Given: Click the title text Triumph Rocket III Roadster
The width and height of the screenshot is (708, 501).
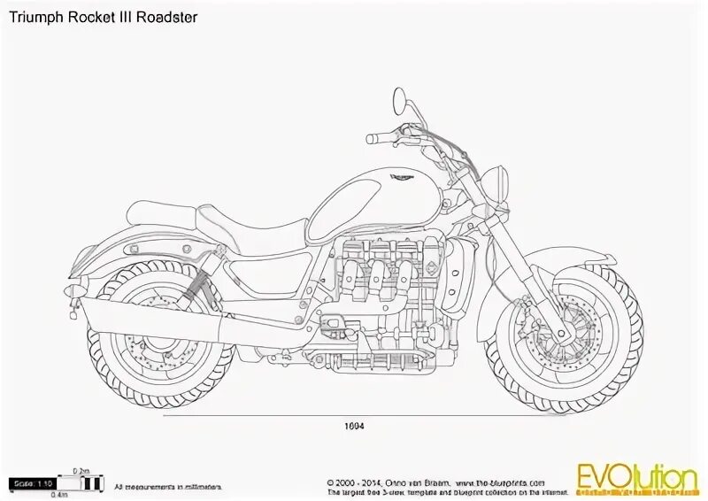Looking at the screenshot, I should click(x=104, y=17).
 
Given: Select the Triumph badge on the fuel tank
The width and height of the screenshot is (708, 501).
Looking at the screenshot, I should click(x=401, y=176).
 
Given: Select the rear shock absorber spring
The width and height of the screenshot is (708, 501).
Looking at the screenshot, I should click(x=196, y=285).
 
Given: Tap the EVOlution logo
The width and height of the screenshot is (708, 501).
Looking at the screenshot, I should click(x=636, y=479).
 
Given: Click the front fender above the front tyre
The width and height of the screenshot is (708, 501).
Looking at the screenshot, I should click(x=566, y=261).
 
